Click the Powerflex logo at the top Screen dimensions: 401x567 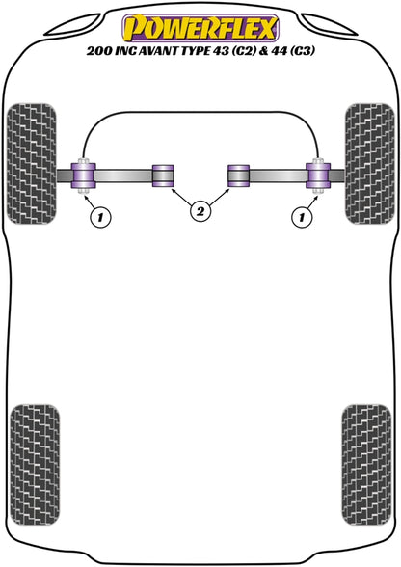pos(200,28)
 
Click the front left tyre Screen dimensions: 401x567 pos(32,164)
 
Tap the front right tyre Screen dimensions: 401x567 pos(369,164)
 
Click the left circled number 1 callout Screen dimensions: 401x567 pos(100,217)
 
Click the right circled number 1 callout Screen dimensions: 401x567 pos(301,217)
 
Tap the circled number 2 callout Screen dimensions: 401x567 pos(200,211)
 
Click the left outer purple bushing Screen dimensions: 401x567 pos(84,175)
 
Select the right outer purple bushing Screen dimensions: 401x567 pos(318,175)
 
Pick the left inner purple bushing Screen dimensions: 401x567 pos(163,175)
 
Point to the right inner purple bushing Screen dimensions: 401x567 pos(238,175)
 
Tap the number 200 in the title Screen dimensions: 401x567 pos(98,51)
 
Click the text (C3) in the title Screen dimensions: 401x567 pos(302,51)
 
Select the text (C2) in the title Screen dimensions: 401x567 pos(245,51)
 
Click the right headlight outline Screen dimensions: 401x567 pos(329,25)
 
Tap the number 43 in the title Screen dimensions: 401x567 pos(222,51)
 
